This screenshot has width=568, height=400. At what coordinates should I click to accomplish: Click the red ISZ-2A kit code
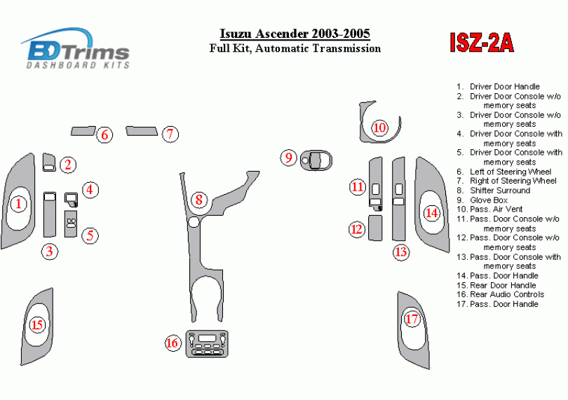[481, 43]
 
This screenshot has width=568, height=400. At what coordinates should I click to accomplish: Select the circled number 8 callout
[199, 200]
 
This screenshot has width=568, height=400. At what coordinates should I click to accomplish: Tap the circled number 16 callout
[173, 343]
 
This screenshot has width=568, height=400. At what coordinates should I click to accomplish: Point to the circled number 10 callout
[379, 127]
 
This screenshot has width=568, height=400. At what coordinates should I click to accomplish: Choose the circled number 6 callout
[104, 135]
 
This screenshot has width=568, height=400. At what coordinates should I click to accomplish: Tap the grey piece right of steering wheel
[142, 130]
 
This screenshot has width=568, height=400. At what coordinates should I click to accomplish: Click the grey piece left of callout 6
[83, 130]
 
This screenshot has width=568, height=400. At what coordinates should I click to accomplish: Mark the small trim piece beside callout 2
[49, 163]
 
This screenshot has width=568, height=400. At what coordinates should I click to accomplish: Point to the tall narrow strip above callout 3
[49, 214]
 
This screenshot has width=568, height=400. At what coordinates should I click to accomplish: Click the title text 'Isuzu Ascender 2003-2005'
[295, 34]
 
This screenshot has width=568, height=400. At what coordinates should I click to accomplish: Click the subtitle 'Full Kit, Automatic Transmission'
[295, 48]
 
